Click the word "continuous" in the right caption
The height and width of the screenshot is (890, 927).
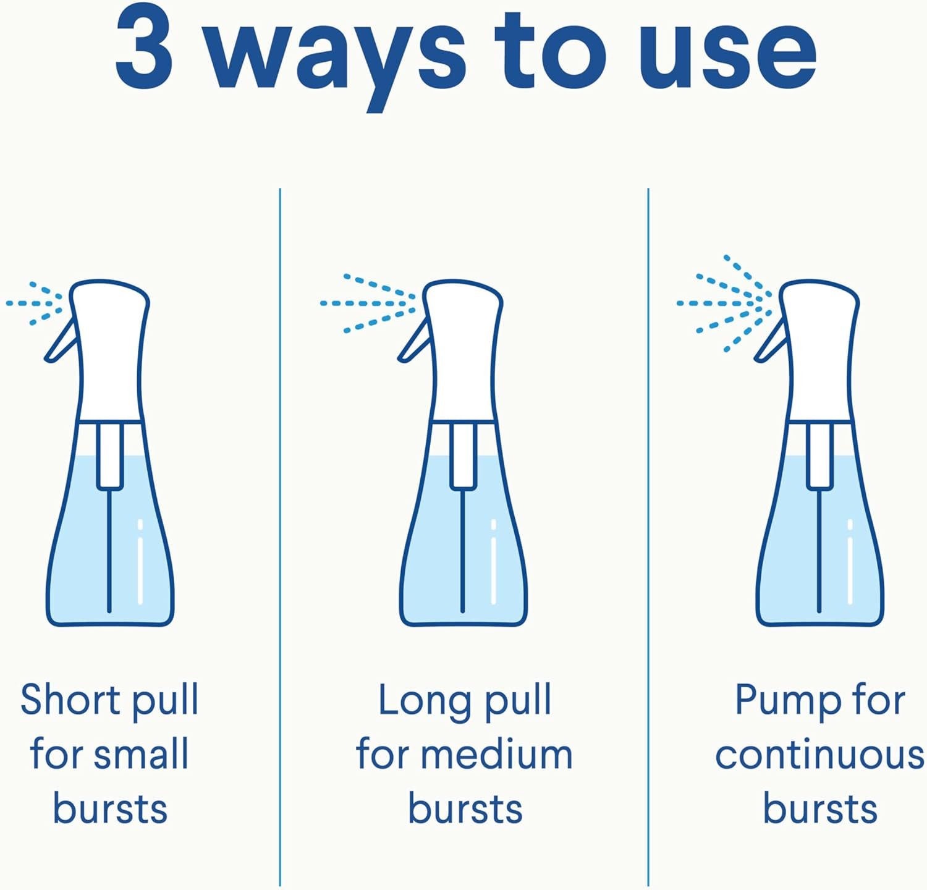819,756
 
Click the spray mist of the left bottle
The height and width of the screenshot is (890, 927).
35,303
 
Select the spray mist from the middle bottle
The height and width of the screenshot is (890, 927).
368,303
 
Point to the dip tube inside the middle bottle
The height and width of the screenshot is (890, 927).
462,550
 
